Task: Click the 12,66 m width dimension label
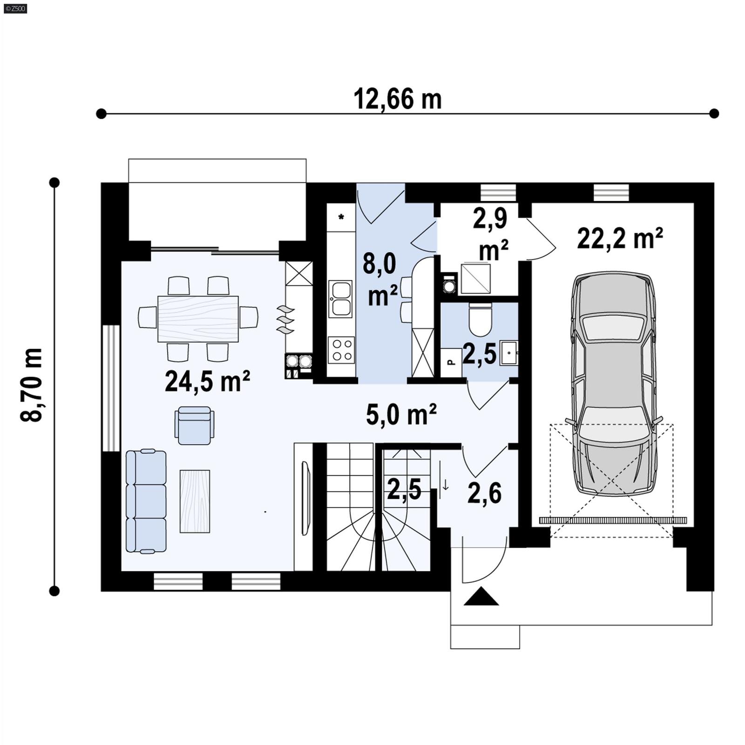click(x=397, y=100)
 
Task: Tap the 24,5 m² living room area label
click(x=208, y=381)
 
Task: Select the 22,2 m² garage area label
click(x=620, y=239)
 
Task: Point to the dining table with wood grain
click(x=198, y=318)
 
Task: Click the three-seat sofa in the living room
click(x=146, y=501)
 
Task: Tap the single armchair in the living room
click(x=195, y=425)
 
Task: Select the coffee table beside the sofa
click(x=195, y=501)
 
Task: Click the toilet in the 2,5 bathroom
click(x=480, y=320)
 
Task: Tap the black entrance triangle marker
click(x=481, y=596)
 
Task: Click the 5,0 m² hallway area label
click(x=401, y=414)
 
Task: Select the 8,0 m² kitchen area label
click(x=381, y=280)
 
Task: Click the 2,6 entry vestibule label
click(x=484, y=494)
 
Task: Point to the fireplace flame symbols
click(x=285, y=319)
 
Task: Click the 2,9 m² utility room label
click(x=491, y=234)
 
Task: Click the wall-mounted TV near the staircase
click(x=306, y=498)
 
